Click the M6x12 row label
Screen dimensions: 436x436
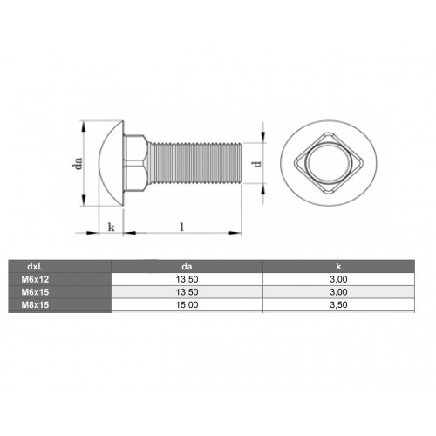click(36, 280)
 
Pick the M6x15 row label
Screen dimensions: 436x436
click(36, 293)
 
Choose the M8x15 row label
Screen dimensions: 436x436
click(36, 306)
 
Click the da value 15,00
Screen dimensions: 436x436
click(187, 306)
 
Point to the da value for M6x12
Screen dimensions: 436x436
click(187, 280)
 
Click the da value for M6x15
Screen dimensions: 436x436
click(187, 293)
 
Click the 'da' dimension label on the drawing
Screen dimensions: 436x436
click(78, 165)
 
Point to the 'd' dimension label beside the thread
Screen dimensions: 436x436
click(255, 163)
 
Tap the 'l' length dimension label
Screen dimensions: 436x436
click(181, 226)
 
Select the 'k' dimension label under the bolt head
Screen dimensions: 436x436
click(111, 227)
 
